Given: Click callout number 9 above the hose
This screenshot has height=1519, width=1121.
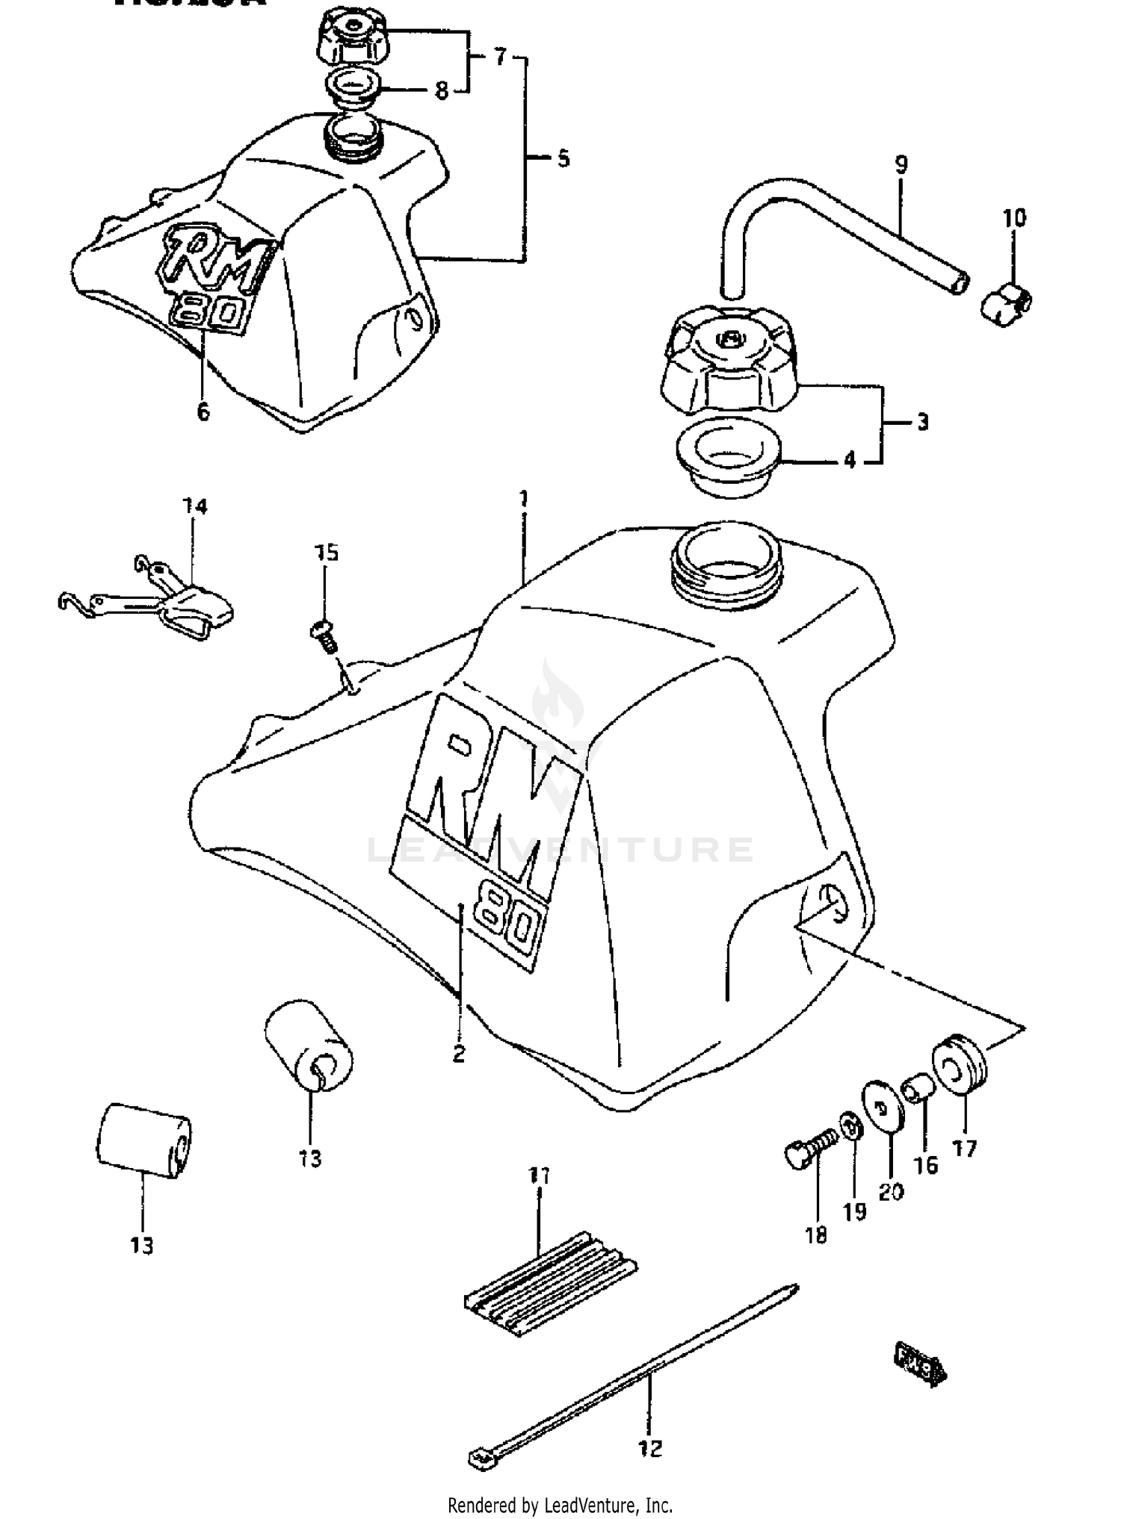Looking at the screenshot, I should [901, 164].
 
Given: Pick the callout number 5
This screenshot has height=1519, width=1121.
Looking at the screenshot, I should [563, 158].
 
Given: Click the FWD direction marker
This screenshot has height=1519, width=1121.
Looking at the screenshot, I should [920, 1364].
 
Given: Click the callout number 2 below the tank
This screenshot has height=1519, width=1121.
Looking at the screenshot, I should [459, 1054].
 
